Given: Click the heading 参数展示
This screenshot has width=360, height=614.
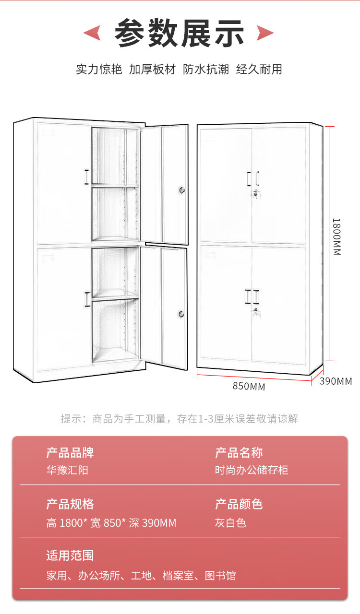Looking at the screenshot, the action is [x=180, y=33].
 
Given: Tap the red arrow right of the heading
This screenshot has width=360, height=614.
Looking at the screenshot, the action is [x=265, y=33].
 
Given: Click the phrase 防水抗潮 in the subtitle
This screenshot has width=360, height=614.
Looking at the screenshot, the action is [x=205, y=69].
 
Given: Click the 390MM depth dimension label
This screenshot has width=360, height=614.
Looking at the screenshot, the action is [x=336, y=381].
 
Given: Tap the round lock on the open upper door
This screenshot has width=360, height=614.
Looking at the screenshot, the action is [x=182, y=190].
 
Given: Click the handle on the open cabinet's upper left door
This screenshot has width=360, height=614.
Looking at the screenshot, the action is [x=86, y=177].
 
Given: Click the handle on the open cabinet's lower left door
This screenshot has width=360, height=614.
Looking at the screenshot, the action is [x=87, y=299].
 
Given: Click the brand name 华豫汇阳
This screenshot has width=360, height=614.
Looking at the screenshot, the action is [x=67, y=470].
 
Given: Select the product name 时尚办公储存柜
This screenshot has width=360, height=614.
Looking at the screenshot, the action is [x=251, y=470].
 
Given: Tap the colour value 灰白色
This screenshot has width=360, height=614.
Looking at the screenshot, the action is [x=230, y=523].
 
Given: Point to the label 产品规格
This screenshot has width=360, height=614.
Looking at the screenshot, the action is [x=70, y=504].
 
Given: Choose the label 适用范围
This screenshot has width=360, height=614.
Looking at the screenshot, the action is [x=70, y=556].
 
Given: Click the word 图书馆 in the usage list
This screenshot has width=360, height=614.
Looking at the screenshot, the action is [x=220, y=576].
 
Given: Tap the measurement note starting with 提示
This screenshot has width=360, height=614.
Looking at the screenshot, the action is [x=180, y=419].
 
